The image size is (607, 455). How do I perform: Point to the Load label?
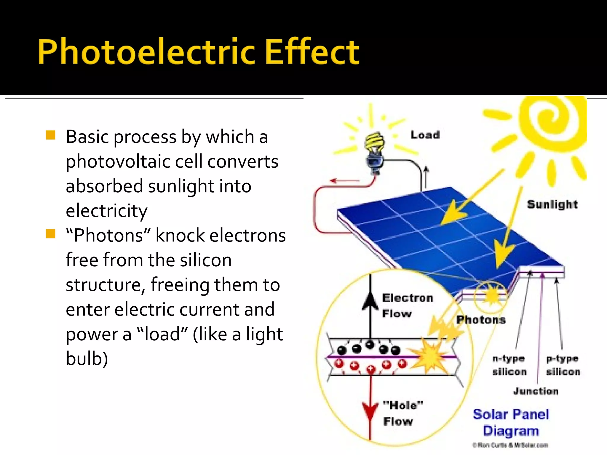click(x=425, y=135)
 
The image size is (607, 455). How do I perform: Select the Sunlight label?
click(x=552, y=204)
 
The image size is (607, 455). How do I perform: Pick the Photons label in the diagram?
click(x=481, y=320)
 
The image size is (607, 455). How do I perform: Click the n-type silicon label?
click(x=509, y=365)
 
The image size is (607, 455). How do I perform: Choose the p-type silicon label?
click(x=563, y=365)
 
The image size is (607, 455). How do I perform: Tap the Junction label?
click(x=536, y=391)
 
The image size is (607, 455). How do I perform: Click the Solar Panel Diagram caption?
click(x=511, y=422)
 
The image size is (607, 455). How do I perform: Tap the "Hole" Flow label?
click(x=402, y=413)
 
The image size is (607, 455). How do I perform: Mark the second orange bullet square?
click(x=51, y=234)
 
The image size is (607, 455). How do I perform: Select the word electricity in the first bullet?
click(x=106, y=211)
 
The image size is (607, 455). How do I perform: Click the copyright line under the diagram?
click(x=510, y=445)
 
